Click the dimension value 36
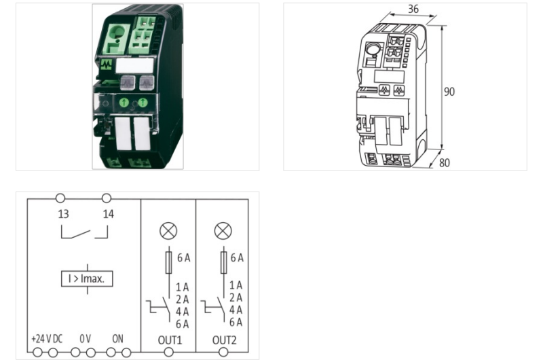tap(413, 10)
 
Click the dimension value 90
tap(449, 92)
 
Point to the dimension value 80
tap(445, 163)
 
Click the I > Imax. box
tap(86, 278)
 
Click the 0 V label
tap(85, 338)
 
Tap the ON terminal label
tap(118, 338)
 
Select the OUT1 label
tap(168, 338)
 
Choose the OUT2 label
tap(223, 338)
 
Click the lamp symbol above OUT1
tap(168, 231)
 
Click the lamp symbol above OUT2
tap(223, 231)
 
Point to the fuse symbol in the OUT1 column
tap(168, 262)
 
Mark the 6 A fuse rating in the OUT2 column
tap(236, 258)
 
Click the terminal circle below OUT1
tap(168, 352)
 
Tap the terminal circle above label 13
tap(60, 198)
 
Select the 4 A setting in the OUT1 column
tap(181, 310)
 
